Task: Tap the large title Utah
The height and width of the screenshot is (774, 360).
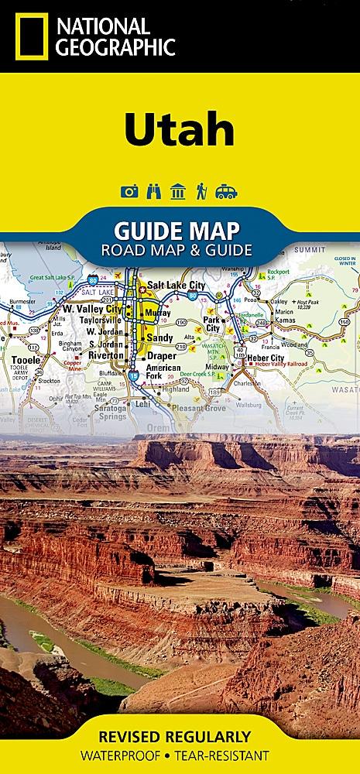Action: tap(179, 131)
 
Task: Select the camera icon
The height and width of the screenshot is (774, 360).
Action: tap(130, 192)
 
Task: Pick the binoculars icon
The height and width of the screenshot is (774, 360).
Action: tap(155, 192)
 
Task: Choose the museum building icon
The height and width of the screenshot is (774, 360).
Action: tap(179, 192)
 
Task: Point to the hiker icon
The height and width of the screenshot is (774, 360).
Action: tap(201, 192)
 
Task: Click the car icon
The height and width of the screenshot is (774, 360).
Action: tap(226, 192)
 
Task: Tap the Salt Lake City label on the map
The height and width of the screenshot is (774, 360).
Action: tap(177, 286)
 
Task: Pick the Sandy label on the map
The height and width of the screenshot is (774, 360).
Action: tap(161, 337)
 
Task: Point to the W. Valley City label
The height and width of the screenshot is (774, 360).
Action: tap(92, 308)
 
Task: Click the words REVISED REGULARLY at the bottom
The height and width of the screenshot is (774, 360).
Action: tap(180, 736)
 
